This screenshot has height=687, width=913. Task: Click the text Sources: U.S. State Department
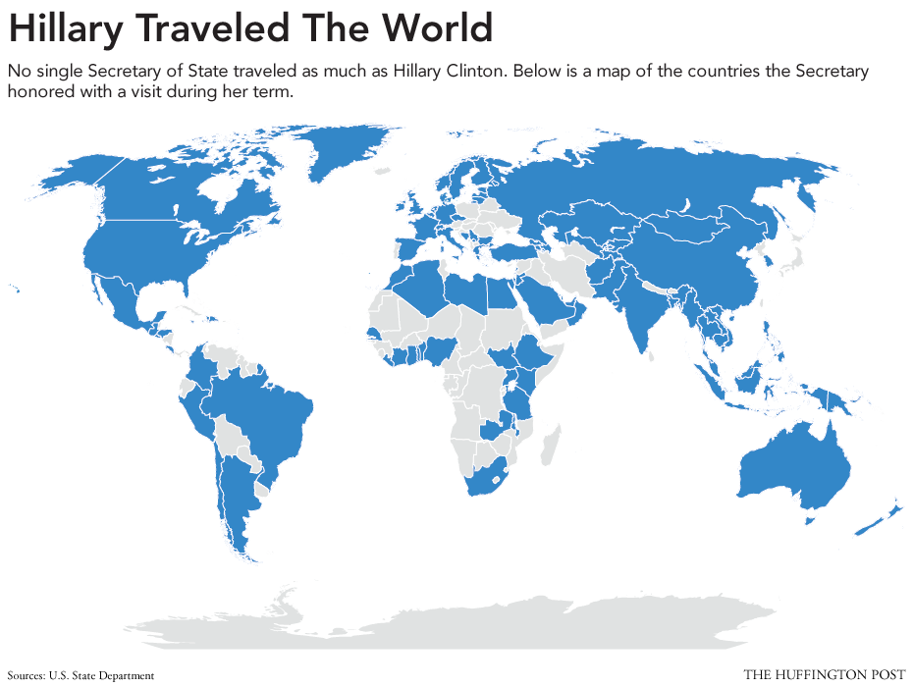81,675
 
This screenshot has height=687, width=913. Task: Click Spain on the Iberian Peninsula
409,246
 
